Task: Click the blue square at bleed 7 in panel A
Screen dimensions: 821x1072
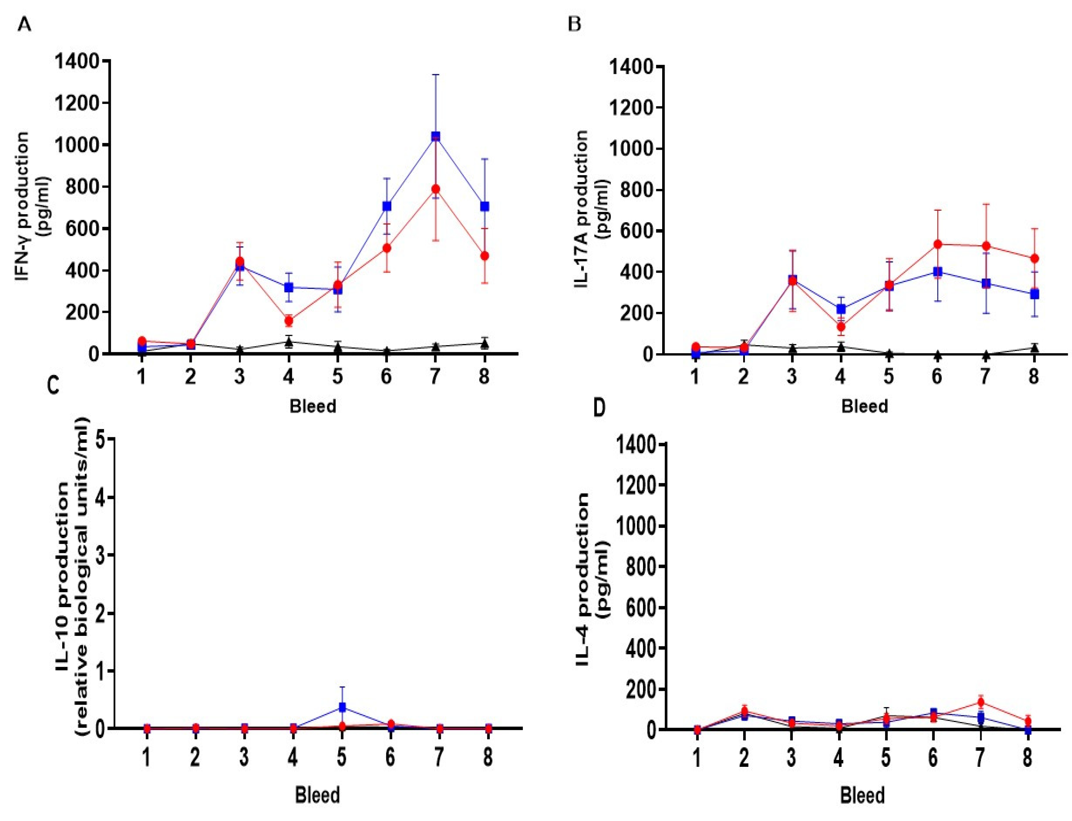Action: tap(435, 136)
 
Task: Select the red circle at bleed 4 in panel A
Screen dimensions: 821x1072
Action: tap(289, 321)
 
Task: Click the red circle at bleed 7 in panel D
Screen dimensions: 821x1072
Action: tap(980, 702)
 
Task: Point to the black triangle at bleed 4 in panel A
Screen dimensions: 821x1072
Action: tap(289, 342)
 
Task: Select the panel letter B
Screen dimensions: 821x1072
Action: tap(574, 24)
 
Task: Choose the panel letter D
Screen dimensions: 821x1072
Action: tap(599, 408)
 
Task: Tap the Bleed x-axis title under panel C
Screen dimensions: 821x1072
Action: tap(317, 795)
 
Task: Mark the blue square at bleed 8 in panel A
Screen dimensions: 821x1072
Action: tap(484, 206)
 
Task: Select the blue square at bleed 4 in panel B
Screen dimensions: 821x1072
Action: tap(840, 309)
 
